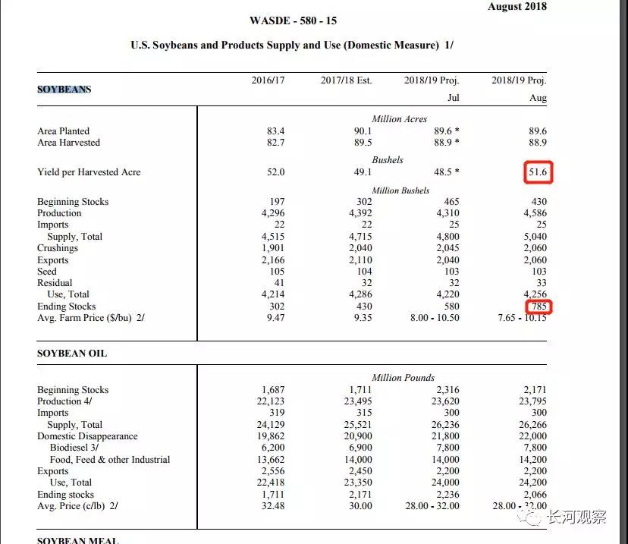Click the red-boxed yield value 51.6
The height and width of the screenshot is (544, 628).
pyautogui.click(x=538, y=172)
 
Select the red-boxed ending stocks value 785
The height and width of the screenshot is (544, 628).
pyautogui.click(x=539, y=307)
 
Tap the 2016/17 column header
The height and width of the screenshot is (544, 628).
pyautogui.click(x=268, y=80)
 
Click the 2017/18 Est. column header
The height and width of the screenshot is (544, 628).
pyautogui.click(x=346, y=80)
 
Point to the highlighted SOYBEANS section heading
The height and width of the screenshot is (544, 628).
pyautogui.click(x=64, y=90)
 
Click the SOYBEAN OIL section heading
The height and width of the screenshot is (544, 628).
pyautogui.click(x=72, y=354)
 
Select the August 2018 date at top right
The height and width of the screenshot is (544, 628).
pyautogui.click(x=517, y=7)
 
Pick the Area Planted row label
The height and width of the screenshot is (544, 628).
pyautogui.click(x=63, y=131)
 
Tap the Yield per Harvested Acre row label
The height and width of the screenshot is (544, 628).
pyautogui.click(x=89, y=172)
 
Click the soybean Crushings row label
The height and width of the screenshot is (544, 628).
pyautogui.click(x=58, y=248)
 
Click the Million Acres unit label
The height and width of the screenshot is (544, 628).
pyautogui.click(x=399, y=119)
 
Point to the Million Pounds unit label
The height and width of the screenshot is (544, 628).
pyautogui.click(x=403, y=378)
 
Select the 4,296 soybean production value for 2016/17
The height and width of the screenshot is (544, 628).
pyautogui.click(x=271, y=213)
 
